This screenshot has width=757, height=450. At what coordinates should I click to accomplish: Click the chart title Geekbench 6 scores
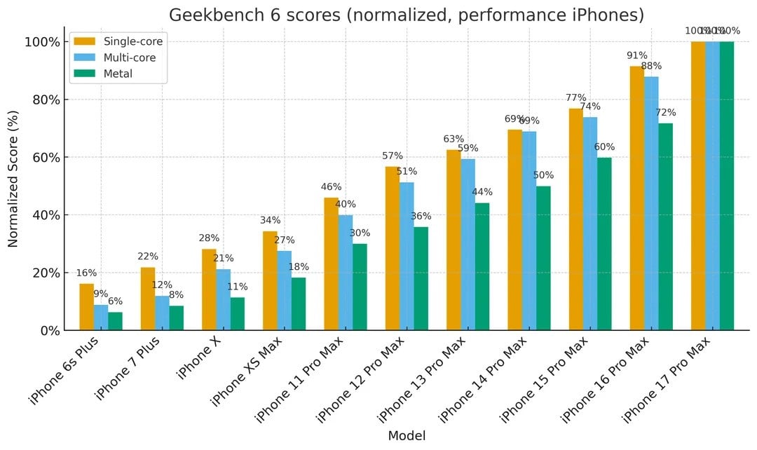(406, 15)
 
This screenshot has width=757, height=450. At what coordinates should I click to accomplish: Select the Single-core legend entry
(132, 41)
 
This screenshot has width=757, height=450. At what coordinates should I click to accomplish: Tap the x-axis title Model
(406, 435)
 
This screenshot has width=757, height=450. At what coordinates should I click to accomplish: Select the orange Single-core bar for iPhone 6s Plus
(87, 307)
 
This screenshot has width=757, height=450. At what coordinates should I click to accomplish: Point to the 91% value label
(637, 55)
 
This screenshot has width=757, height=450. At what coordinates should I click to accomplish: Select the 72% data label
(665, 113)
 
